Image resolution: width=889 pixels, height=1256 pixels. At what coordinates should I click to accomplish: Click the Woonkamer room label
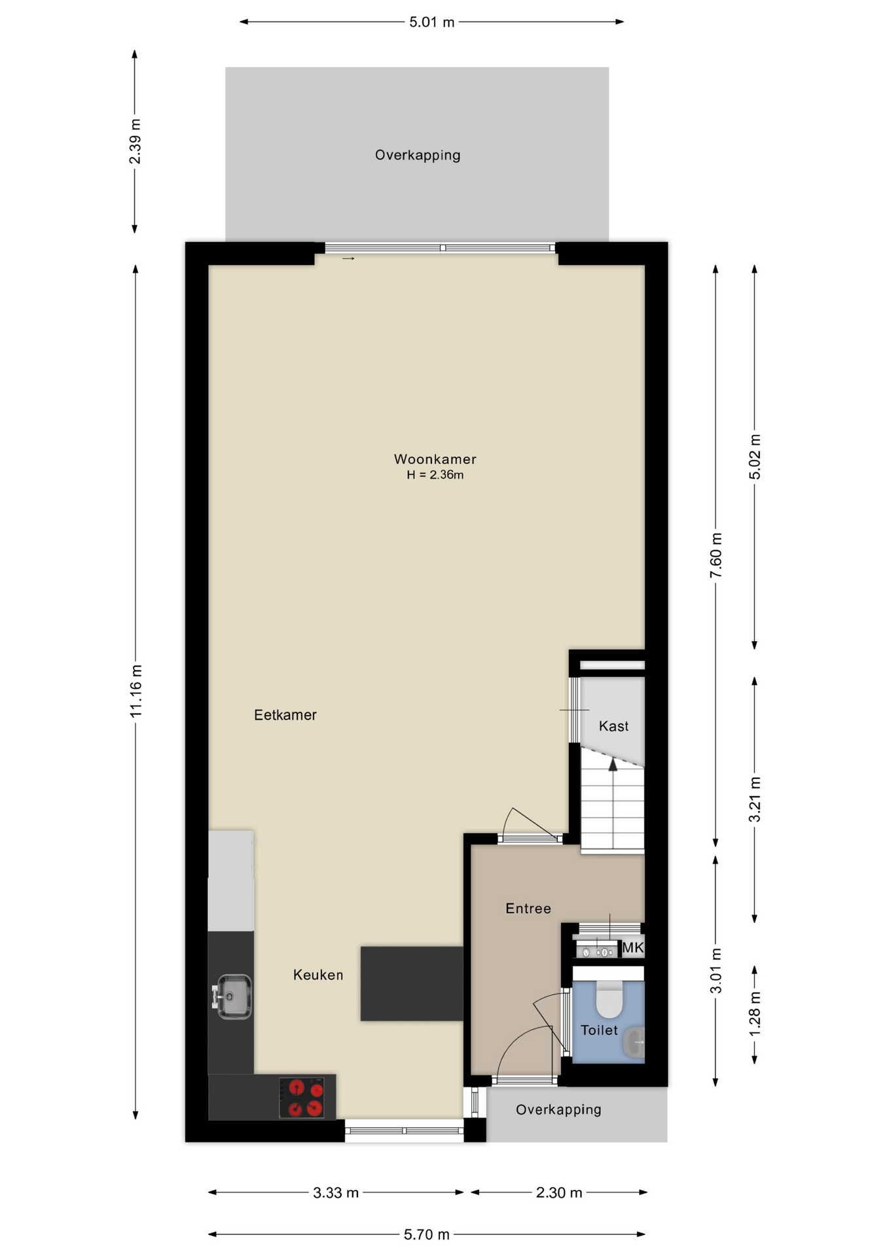[435, 459]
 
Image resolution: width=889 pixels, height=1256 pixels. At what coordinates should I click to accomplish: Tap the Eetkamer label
[285, 715]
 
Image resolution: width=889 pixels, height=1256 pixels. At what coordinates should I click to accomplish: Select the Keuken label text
[318, 975]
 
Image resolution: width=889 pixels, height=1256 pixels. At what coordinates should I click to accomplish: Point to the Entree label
[528, 908]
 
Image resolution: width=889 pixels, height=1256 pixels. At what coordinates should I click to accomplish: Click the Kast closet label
[613, 726]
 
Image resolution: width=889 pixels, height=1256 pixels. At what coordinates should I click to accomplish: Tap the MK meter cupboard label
[633, 947]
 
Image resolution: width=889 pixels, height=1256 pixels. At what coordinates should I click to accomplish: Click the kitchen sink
[232, 996]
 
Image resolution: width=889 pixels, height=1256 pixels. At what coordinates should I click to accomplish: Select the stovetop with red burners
[302, 1098]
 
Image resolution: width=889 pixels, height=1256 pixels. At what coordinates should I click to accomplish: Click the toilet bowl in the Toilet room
[609, 999]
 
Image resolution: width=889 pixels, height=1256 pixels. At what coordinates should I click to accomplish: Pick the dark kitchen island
[412, 983]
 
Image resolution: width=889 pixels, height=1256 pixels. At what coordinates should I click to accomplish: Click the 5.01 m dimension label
[431, 22]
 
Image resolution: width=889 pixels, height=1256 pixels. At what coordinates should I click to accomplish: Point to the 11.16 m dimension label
[136, 691]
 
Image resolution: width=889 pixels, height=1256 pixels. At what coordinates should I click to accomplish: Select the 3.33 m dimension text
[336, 1193]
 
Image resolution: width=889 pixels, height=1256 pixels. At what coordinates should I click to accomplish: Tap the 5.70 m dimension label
[427, 1234]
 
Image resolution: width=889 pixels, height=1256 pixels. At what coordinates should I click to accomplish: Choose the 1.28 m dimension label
[755, 1014]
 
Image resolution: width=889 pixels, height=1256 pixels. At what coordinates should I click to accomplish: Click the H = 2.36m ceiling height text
[435, 475]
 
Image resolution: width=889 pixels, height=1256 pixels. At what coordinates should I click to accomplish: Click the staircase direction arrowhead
[613, 764]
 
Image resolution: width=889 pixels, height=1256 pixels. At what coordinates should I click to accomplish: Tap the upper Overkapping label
[418, 155]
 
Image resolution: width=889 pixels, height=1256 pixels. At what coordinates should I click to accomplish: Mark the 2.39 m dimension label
[135, 142]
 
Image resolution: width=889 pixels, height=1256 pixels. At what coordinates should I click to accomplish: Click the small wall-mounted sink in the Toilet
[634, 1042]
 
